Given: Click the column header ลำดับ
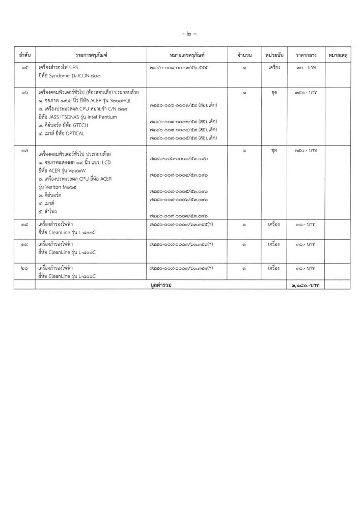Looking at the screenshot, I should [x=24, y=54].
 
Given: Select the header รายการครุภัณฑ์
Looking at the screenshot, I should [x=90, y=54].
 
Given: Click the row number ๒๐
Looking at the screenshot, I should [x=24, y=268].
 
